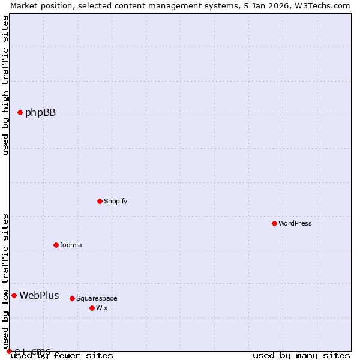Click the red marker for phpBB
tap(20, 112)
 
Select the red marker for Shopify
tap(100, 201)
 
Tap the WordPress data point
tap(274, 223)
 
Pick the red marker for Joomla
tap(56, 245)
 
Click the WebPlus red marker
tap(14, 295)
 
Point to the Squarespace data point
tap(72, 298)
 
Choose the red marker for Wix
tap(92, 308)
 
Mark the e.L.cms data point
tap(9, 351)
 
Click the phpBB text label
tap(40, 113)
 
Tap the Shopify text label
tap(115, 202)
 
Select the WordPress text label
tap(295, 224)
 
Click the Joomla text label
tap(71, 245)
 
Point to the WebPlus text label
tap(39, 295)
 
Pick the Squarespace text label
tap(97, 299)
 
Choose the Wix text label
tap(102, 308)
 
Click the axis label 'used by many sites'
tap(301, 356)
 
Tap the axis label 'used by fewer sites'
tap(62, 356)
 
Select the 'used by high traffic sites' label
tap(6, 85)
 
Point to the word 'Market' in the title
tap(24, 5)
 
